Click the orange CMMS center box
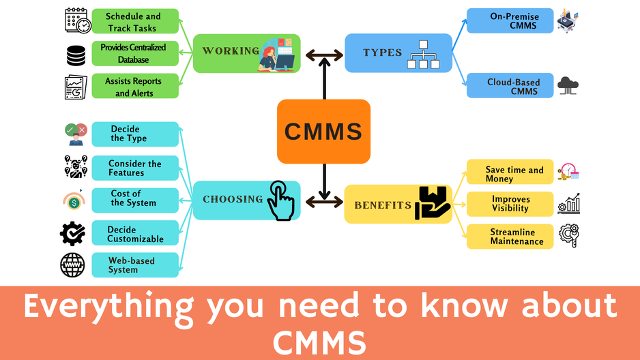click(323, 131)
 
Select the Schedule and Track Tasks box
click(134, 22)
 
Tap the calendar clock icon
click(78, 20)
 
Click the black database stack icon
click(76, 55)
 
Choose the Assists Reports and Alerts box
click(134, 87)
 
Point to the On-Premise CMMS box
click(510, 20)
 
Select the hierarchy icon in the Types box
click(422, 55)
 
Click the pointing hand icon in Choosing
click(280, 200)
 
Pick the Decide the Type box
click(134, 134)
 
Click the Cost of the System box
click(134, 198)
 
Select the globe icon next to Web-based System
click(72, 265)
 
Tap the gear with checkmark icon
click(72, 234)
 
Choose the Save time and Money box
click(510, 174)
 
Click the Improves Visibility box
click(510, 204)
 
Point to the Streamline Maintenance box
click(510, 237)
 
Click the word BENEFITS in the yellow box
click(382, 205)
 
